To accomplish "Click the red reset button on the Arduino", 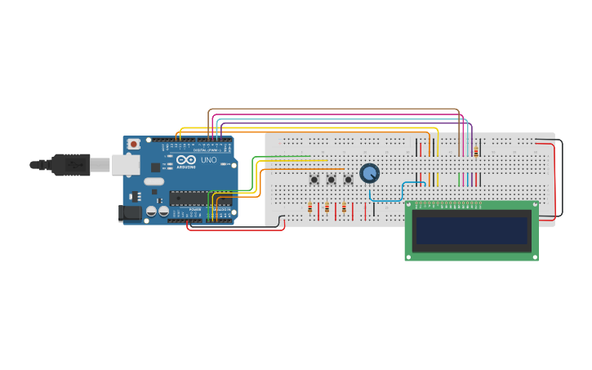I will (134, 145).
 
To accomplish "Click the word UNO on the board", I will (209, 160).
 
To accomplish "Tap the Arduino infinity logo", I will (185, 160).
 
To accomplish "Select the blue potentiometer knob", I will (369, 173).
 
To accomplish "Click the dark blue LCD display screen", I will (471, 231).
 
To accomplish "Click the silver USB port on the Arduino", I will (125, 165).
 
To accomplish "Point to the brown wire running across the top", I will (327, 109).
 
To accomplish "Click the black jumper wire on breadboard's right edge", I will (561, 180).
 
